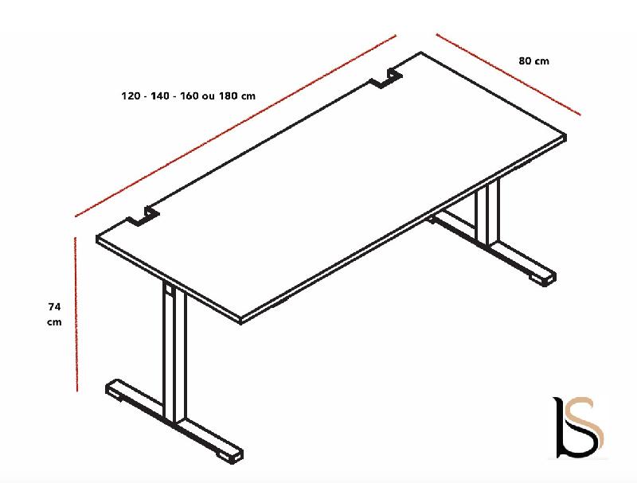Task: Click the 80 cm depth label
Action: point(533,60)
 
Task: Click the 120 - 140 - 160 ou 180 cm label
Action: point(188,96)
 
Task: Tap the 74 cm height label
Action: point(54,314)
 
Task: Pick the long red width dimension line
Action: point(236,125)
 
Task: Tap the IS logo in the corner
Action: point(578,428)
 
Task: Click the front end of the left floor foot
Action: point(232,453)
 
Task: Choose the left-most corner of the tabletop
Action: point(98,239)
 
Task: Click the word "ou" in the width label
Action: point(209,96)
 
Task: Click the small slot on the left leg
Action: point(169,293)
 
